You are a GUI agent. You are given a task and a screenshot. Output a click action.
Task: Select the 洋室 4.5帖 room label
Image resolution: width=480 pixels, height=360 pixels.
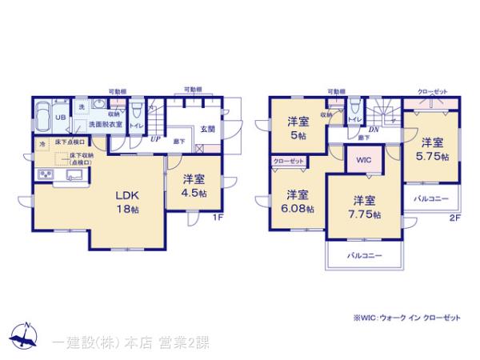click(x=194, y=186)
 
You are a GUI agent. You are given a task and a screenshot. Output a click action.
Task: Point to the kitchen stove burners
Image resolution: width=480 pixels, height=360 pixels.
click(x=44, y=175)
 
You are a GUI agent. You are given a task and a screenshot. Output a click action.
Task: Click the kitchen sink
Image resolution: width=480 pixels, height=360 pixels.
click(x=66, y=177)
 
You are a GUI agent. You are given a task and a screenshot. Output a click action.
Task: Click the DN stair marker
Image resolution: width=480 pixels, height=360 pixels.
click(x=373, y=130)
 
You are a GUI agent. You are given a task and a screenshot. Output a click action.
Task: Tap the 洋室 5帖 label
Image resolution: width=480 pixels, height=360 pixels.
click(x=298, y=128)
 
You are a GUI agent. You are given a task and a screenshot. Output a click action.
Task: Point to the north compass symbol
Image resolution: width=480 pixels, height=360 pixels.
click(x=24, y=338)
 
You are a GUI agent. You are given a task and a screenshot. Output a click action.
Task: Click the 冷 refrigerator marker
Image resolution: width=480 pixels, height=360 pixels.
click(x=42, y=144)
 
